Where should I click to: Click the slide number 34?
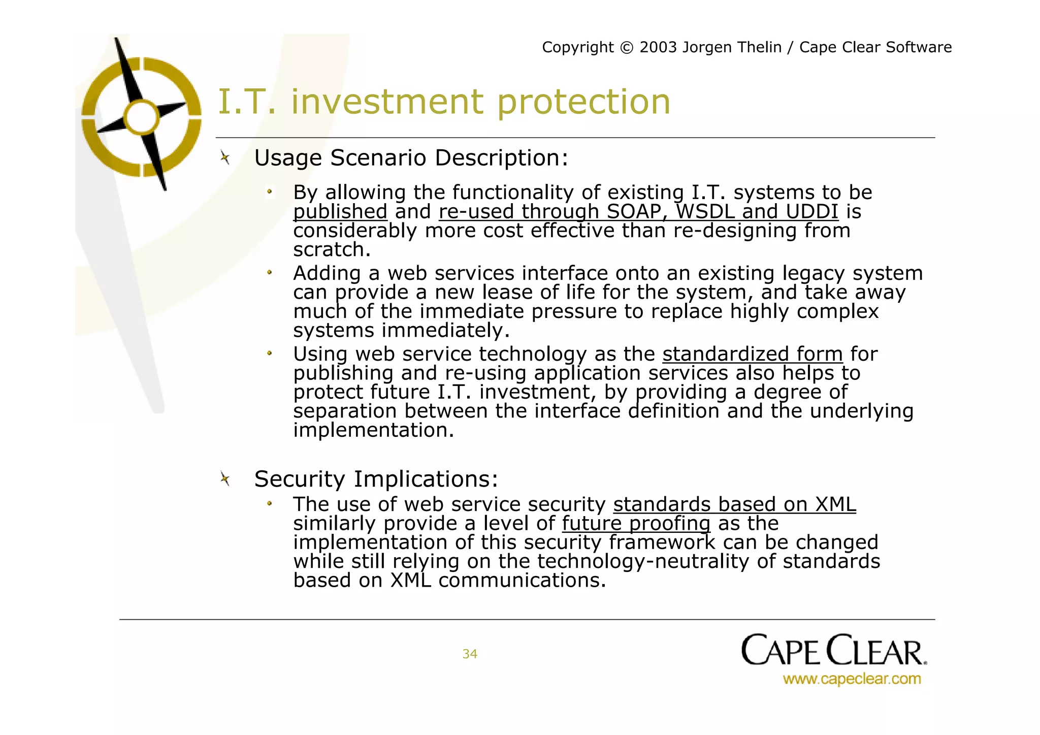click(x=469, y=654)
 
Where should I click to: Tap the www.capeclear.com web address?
click(x=852, y=679)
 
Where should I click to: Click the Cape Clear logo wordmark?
click(x=833, y=650)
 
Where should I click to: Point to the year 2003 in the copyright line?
click(x=658, y=47)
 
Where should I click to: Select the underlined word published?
click(x=340, y=212)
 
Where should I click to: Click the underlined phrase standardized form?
click(x=752, y=354)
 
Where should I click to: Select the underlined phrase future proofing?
click(x=636, y=523)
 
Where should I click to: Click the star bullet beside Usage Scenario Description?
click(x=225, y=158)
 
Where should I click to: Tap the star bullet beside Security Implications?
click(x=225, y=478)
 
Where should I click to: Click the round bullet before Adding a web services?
click(x=270, y=273)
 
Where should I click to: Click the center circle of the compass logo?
click(x=142, y=117)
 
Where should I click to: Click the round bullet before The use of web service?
click(x=270, y=504)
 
